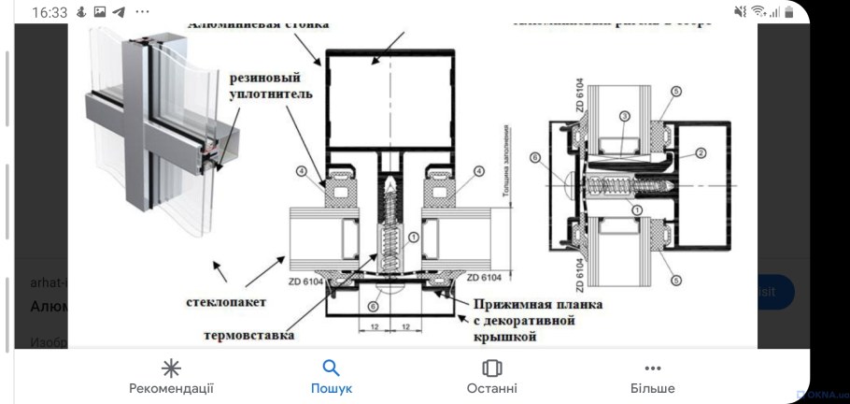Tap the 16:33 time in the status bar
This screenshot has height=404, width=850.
click(x=50, y=13)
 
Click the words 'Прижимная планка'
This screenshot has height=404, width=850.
click(x=537, y=305)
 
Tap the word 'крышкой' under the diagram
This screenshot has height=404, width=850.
click(x=504, y=339)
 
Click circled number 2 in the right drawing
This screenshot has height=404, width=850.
click(x=699, y=150)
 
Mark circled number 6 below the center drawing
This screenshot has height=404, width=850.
click(x=373, y=305)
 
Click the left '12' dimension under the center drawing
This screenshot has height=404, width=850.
click(x=374, y=326)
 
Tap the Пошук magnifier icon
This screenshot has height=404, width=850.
click(x=331, y=368)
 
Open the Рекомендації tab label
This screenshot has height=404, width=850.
click(x=171, y=388)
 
